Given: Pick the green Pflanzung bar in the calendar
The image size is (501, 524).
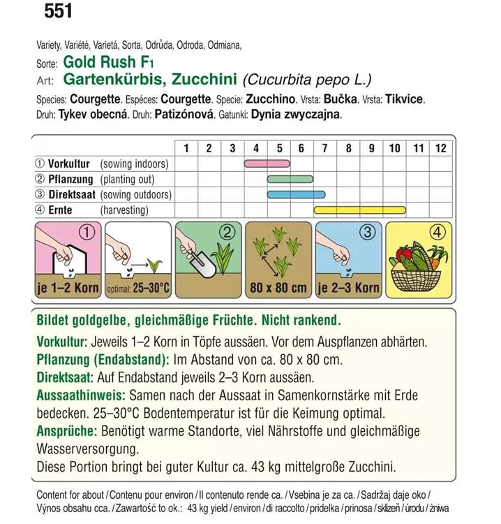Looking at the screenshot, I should pyautogui.click(x=290, y=179).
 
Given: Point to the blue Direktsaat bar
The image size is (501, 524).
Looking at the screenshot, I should pyautogui.click(x=296, y=194).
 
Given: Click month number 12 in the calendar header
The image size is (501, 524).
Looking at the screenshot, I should pyautogui.click(x=440, y=147).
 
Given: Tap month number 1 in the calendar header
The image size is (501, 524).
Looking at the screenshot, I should pyautogui.click(x=186, y=147).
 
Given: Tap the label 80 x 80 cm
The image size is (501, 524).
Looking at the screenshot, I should pyautogui.click(x=278, y=288).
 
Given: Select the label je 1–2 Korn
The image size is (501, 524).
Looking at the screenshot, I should pyautogui.click(x=68, y=288).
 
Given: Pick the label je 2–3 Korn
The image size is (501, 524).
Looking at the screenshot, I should pyautogui.click(x=348, y=288).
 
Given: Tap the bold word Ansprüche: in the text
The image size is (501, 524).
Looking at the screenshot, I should pyautogui.click(x=67, y=431).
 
